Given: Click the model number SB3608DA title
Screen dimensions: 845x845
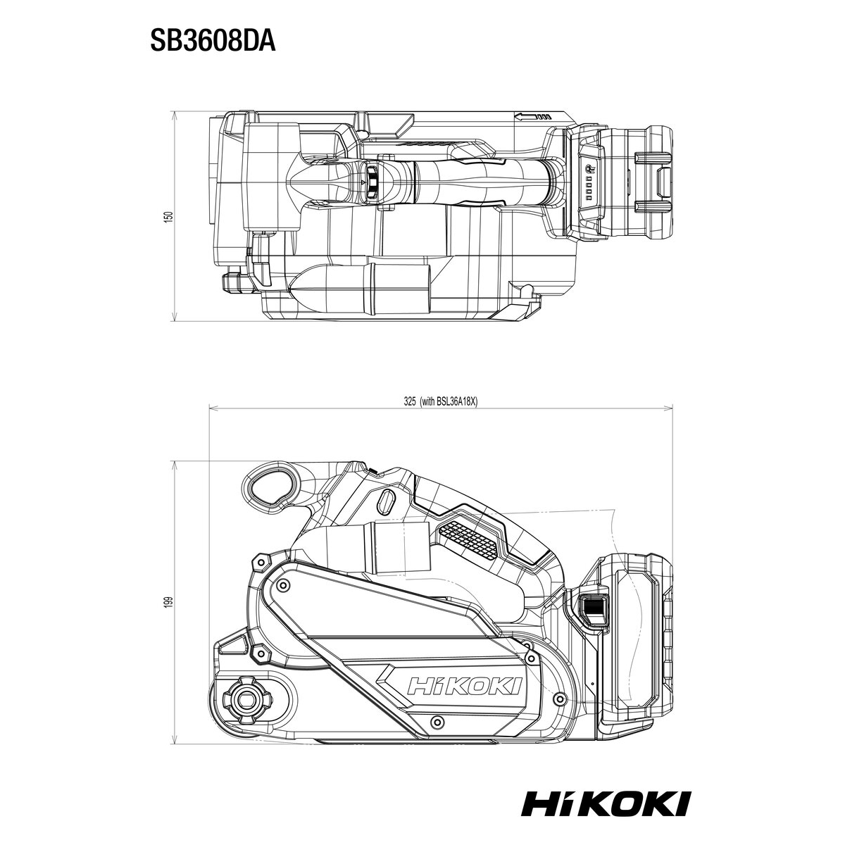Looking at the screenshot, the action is coord(213,42).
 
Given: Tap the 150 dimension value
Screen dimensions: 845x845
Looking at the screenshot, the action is coord(170,217).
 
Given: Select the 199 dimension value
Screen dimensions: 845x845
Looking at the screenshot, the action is coord(170,601).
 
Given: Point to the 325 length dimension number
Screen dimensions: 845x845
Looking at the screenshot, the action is coord(410,401).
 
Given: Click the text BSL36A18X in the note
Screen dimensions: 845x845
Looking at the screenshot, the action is coord(456,401).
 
